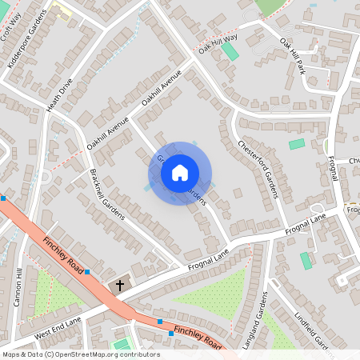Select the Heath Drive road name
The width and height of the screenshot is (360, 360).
60,94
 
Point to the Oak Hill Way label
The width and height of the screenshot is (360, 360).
218,44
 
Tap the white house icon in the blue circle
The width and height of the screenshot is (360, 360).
180,173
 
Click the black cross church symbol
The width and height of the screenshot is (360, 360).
121,284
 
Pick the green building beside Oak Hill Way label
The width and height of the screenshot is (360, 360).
230,52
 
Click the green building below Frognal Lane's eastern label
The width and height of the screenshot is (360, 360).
306,261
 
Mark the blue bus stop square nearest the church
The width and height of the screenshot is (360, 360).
86,272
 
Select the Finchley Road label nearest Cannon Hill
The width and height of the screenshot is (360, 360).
62,247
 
